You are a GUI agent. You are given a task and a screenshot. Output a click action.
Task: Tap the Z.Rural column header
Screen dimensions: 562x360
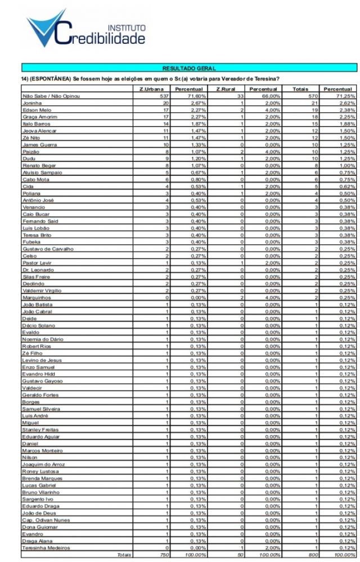pos(225,89)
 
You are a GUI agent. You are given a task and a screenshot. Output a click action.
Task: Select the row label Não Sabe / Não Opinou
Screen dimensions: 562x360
pos(51,96)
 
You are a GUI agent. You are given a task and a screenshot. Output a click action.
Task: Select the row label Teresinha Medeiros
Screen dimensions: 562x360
pos(46,547)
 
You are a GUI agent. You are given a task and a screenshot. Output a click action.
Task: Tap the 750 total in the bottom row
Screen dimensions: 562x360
pos(164,555)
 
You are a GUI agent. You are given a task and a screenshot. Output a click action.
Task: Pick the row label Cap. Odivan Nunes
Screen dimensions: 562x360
pos(46,520)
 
